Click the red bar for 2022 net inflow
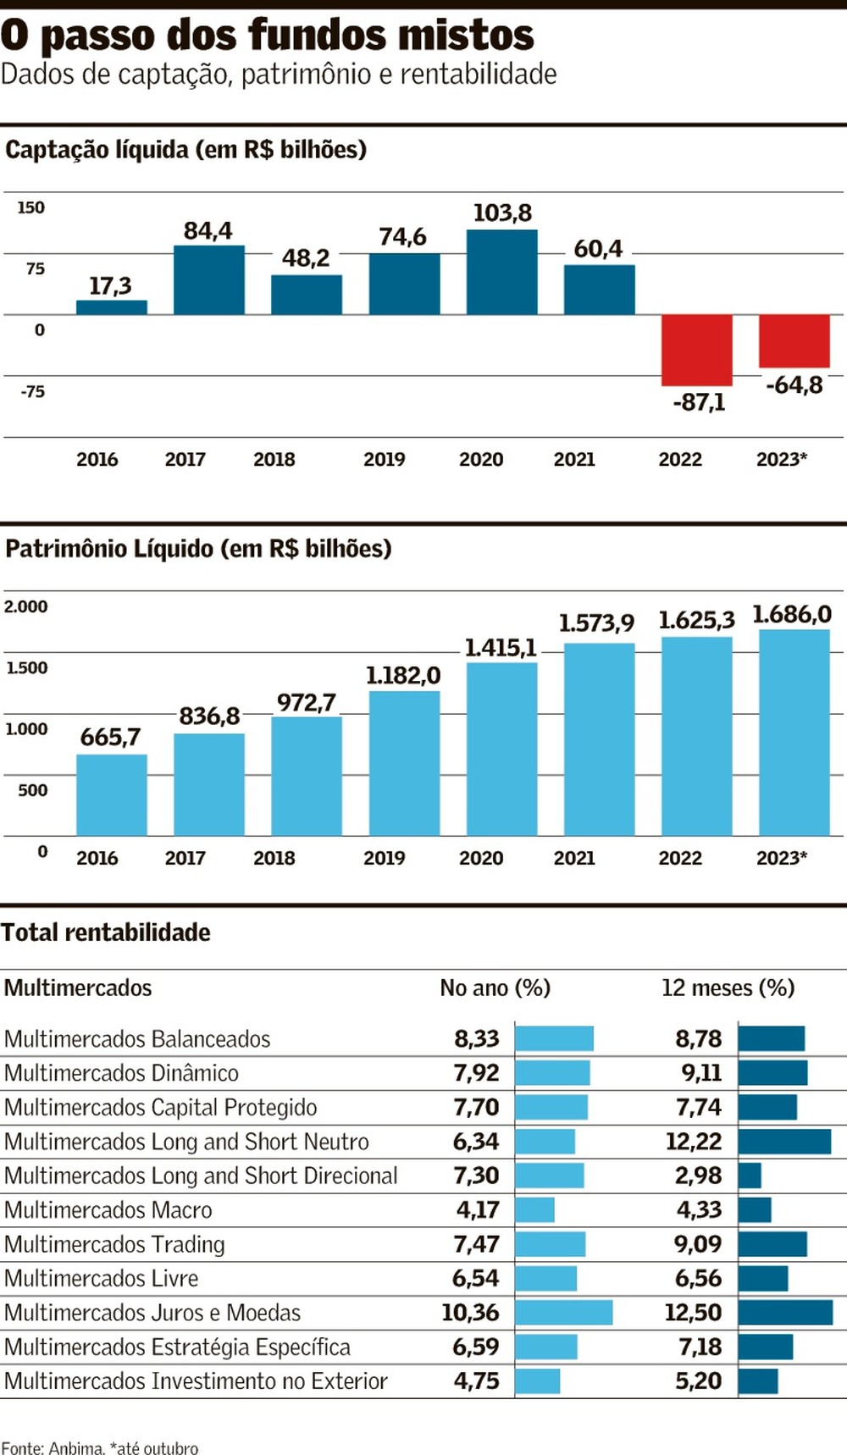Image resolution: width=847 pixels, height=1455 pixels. (696, 350)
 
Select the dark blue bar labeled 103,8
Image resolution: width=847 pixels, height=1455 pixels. (501, 272)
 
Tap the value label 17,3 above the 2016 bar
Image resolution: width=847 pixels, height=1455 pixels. (110, 286)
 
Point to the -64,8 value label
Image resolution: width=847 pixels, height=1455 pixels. (794, 385)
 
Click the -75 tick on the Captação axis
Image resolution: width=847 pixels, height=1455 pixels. (33, 391)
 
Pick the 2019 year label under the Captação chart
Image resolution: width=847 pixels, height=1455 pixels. (384, 459)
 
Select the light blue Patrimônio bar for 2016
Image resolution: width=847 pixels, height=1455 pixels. (111, 794)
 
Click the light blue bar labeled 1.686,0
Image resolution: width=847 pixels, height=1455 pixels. (794, 733)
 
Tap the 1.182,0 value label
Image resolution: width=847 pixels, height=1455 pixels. (403, 675)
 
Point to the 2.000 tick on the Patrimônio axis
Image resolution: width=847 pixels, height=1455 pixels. (26, 606)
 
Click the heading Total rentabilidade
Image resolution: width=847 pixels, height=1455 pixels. (106, 932)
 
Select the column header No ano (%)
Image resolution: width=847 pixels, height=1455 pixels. (495, 988)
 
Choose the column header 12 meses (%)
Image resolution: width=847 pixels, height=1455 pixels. (728, 988)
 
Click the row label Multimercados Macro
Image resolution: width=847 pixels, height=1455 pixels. (108, 1209)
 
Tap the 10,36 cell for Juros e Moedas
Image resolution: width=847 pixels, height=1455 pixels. (470, 1312)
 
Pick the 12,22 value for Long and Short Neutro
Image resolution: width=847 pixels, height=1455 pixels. (694, 1142)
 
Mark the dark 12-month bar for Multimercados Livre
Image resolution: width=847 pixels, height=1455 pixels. (763, 1278)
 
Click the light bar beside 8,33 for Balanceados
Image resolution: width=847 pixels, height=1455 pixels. (554, 1038)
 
